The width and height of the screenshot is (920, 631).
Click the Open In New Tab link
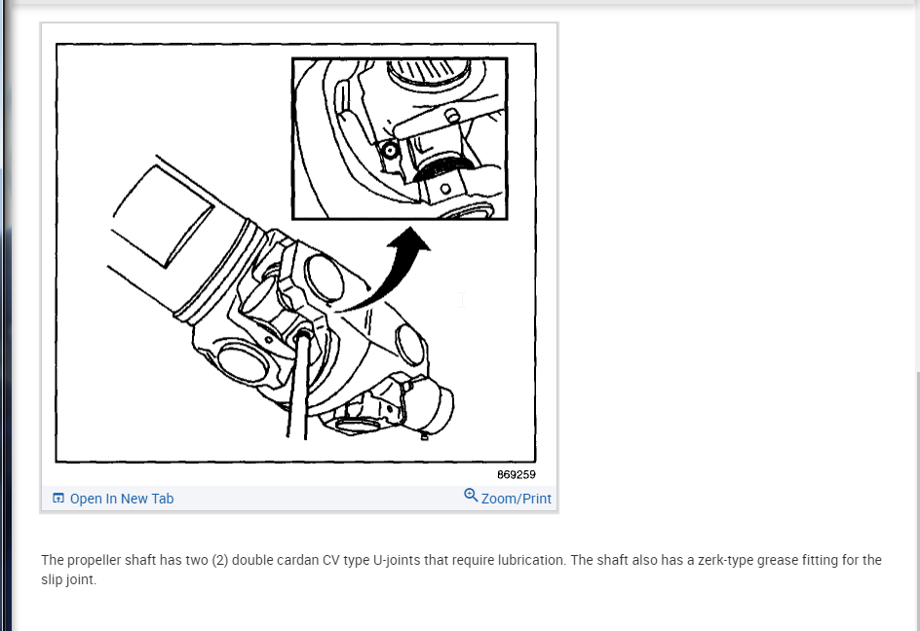click(x=122, y=499)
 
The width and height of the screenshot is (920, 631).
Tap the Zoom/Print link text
click(x=517, y=499)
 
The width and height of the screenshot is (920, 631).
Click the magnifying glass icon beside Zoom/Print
click(x=471, y=496)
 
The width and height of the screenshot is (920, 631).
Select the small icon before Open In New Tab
click(x=58, y=498)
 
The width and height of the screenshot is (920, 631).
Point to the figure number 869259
click(x=517, y=474)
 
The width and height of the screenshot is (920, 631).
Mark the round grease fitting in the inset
click(x=390, y=151)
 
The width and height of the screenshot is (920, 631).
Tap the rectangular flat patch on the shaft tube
click(x=163, y=216)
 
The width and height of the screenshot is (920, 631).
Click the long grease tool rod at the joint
click(x=299, y=384)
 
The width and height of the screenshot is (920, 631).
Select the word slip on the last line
click(x=52, y=580)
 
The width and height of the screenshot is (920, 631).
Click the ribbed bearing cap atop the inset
click(x=428, y=71)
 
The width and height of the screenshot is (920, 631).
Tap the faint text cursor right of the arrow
click(x=462, y=300)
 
